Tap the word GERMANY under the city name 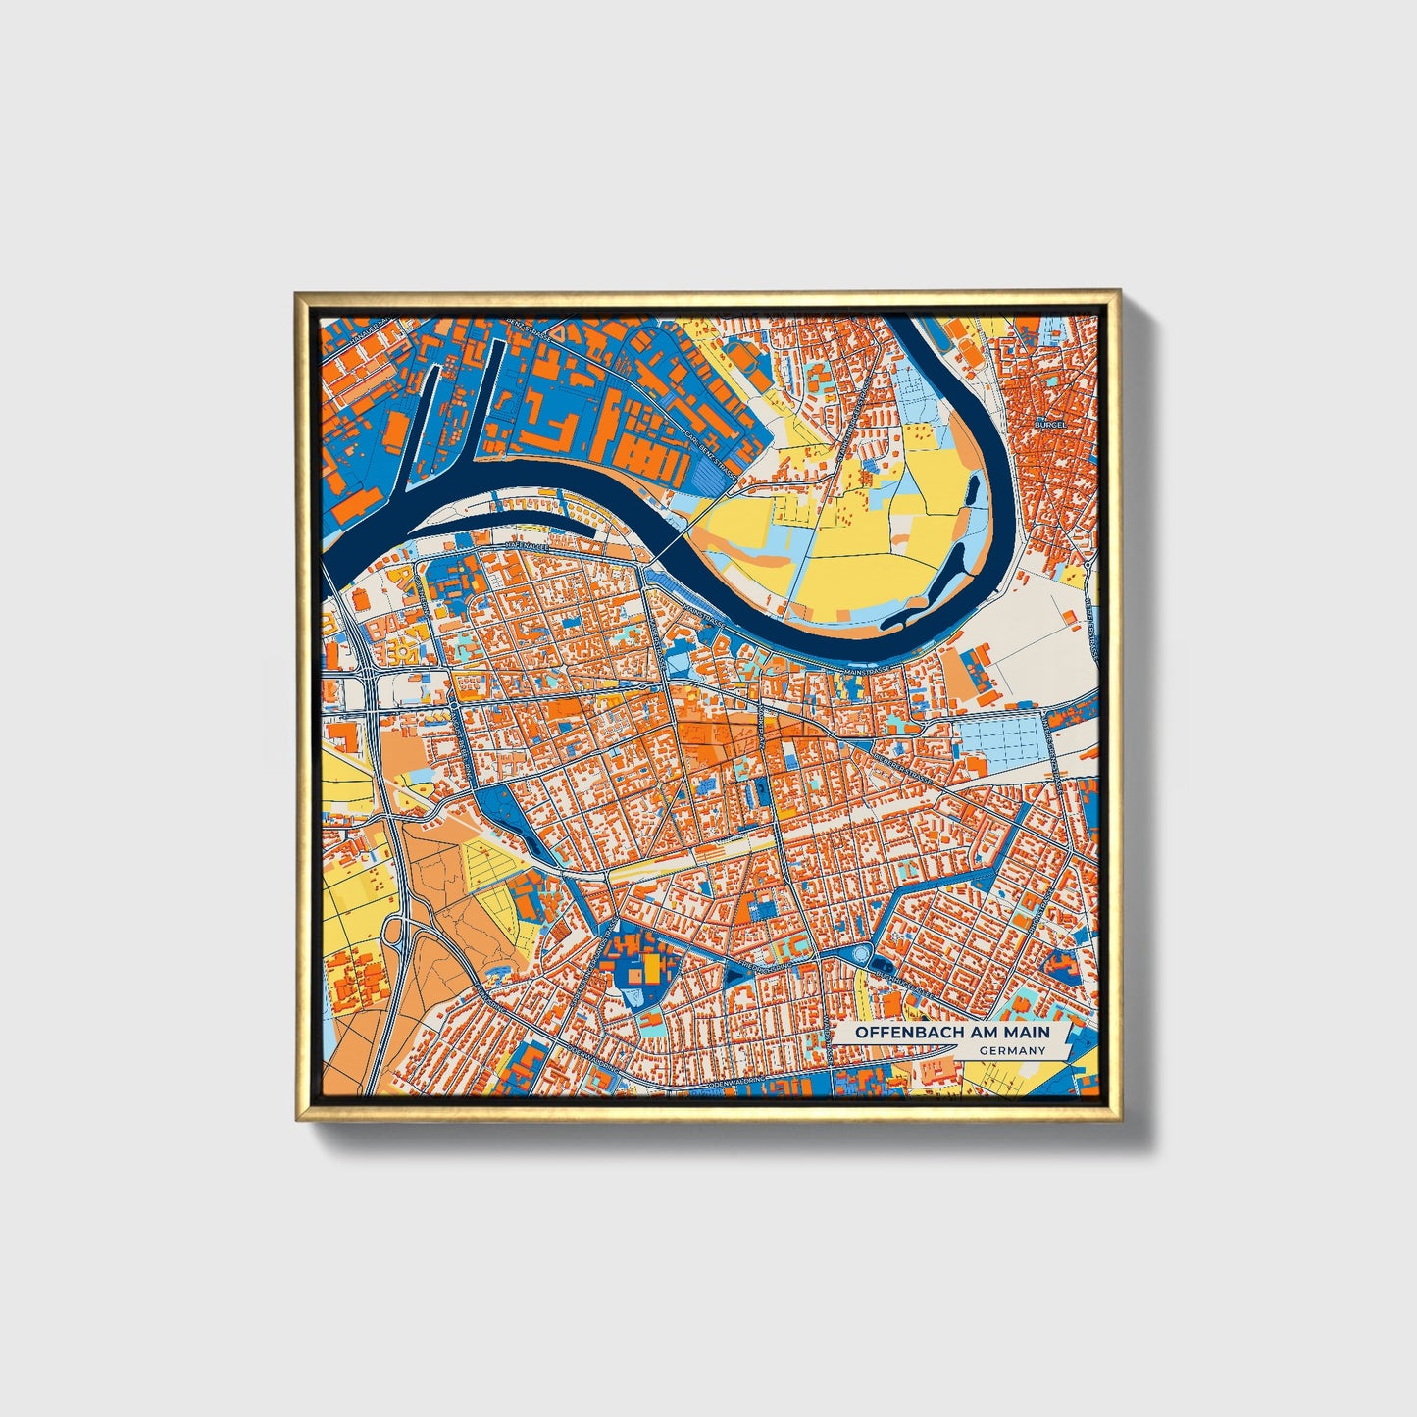1012,1050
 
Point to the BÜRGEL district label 1063,425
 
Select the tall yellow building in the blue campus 650,971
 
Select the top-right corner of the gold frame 1118,292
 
